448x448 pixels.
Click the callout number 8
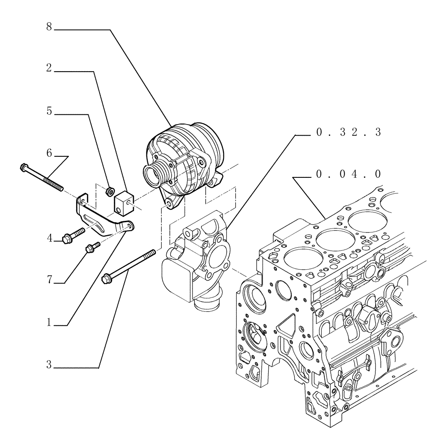[x=49, y=27]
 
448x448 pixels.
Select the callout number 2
[x=49, y=69]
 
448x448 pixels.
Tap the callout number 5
[x=49, y=111]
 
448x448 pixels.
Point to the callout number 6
[x=49, y=153]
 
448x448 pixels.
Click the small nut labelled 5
[x=108, y=191]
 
